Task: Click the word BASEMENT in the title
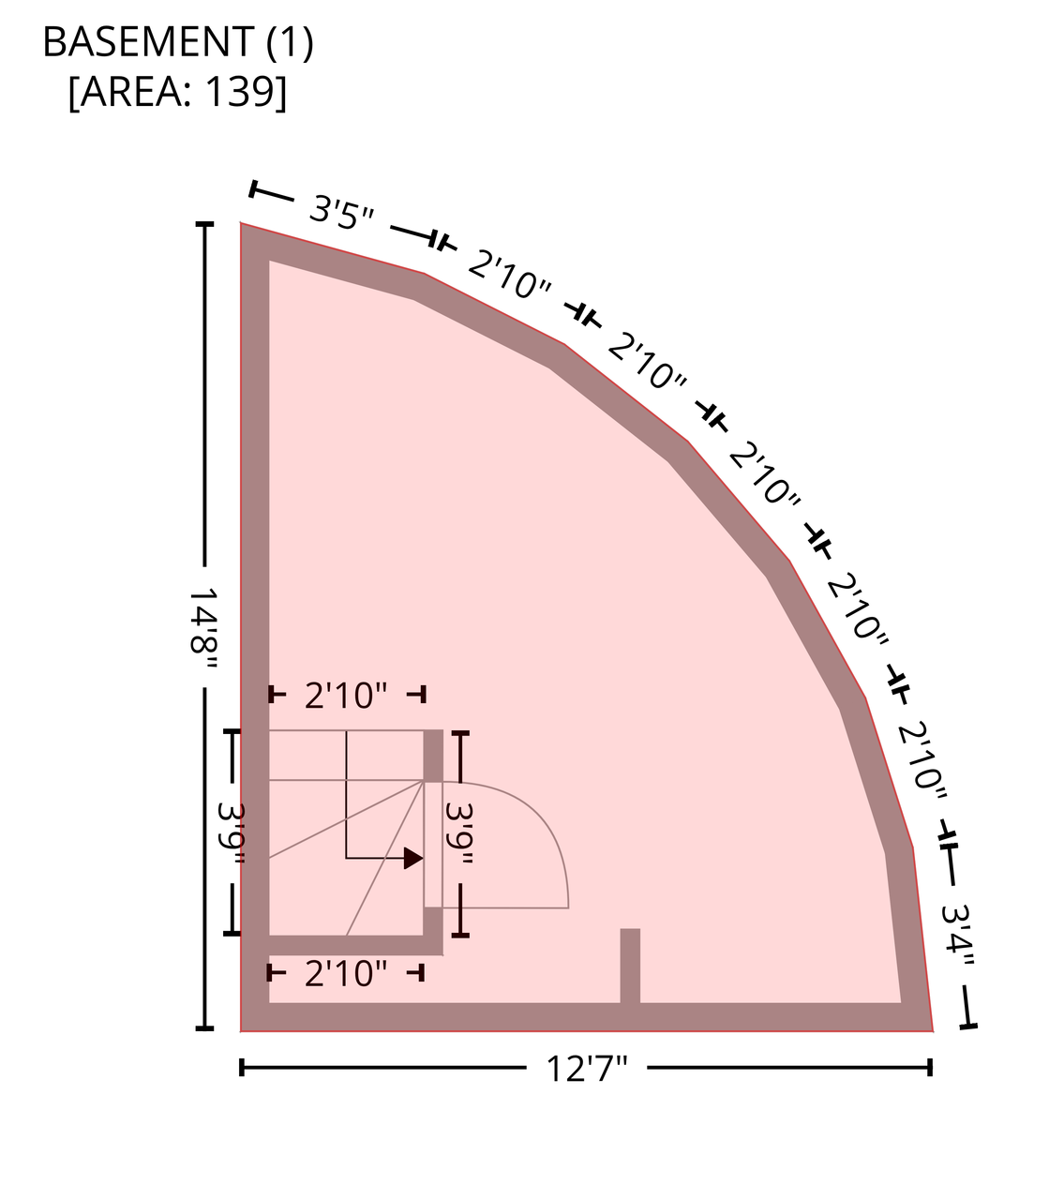point(148,42)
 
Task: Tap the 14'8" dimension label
point(203,627)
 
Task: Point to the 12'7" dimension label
point(586,1068)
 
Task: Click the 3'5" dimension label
point(341,211)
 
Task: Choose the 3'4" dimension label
point(957,937)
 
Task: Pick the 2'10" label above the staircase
point(346,696)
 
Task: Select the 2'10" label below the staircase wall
point(346,973)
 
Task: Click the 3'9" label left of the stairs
point(232,833)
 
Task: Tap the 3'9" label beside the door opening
point(459,833)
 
